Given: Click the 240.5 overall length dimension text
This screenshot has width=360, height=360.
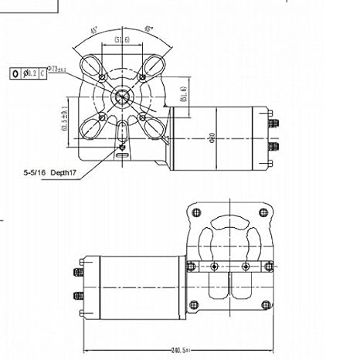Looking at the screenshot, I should click(181, 352).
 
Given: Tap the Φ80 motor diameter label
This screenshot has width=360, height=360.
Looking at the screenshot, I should click(210, 140).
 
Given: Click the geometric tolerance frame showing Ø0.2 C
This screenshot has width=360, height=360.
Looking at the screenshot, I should click(25, 73).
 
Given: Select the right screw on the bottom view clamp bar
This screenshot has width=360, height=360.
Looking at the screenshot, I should click(246, 266).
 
